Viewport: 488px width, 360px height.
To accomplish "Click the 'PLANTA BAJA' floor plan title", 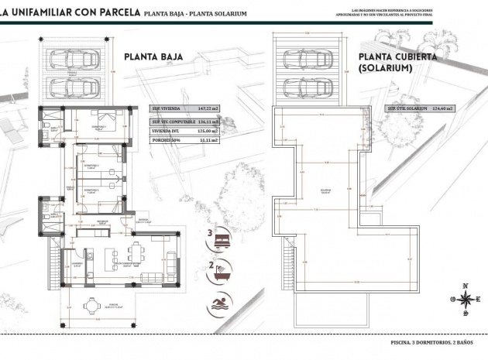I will [x=153, y=56].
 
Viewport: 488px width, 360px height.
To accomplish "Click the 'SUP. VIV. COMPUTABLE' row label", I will [x=172, y=122].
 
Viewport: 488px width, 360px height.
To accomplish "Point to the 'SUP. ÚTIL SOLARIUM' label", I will [x=407, y=110].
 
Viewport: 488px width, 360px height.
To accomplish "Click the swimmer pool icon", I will [x=220, y=303].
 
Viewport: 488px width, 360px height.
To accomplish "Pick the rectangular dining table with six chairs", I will [x=137, y=254].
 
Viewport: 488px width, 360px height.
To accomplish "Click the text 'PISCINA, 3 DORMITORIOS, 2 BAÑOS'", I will [x=431, y=341].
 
